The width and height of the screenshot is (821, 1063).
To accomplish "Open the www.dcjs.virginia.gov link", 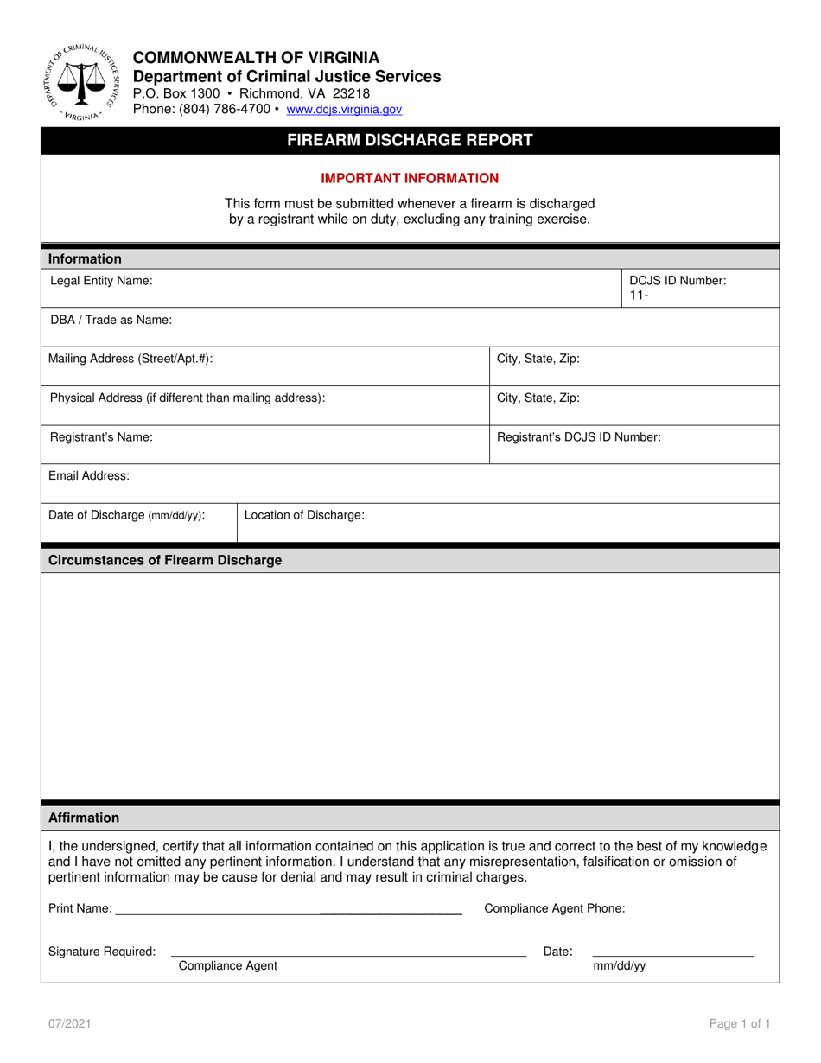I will pos(344,110).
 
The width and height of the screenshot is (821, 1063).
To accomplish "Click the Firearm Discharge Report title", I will pos(410,140).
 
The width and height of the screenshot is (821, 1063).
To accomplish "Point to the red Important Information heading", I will pos(410,178).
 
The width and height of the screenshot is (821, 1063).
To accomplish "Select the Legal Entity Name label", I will pos(102,281).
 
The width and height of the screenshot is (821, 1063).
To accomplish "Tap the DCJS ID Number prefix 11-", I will pos(639,296).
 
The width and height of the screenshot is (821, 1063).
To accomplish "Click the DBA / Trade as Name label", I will pos(111,320).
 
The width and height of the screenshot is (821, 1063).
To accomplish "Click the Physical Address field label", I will pos(188,398).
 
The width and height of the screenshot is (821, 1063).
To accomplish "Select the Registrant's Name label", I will pos(102,437).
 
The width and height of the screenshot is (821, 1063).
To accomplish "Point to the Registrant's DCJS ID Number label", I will pos(579,437).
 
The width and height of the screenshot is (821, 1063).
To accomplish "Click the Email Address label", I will pos(90,475).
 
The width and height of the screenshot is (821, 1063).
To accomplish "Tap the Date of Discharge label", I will pos(126,515).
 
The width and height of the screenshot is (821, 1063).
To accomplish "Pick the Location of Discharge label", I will pos(304,515).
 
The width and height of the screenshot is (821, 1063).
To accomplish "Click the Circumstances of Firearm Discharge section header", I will pos(165,560).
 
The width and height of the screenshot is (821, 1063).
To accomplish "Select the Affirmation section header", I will pos(84,818).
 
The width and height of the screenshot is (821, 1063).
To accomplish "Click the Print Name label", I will pos(80,908).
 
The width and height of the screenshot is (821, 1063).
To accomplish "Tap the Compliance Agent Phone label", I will pos(555,908).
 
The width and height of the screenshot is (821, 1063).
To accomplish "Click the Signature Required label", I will pos(102,952).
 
